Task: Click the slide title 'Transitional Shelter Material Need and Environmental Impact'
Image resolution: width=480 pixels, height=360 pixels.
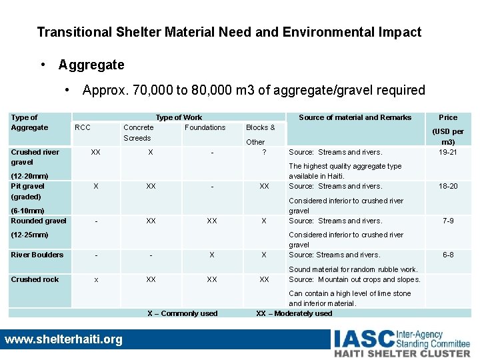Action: click(x=229, y=32)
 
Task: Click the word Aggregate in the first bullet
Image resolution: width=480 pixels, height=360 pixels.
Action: click(x=91, y=65)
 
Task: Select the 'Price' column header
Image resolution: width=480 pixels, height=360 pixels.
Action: click(x=448, y=117)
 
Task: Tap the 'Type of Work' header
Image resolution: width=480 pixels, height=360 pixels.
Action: click(x=179, y=117)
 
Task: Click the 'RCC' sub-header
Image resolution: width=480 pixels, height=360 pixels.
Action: click(x=83, y=127)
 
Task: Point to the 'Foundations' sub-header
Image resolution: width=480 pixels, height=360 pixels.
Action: click(x=205, y=127)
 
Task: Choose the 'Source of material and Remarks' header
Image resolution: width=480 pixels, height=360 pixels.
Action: click(x=355, y=117)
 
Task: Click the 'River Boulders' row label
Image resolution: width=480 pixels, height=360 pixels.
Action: click(x=37, y=255)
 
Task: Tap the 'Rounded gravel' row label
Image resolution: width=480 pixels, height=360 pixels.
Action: click(x=39, y=221)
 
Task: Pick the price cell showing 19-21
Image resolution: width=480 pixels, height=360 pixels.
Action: click(x=448, y=152)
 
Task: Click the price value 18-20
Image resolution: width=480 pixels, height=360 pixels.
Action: click(x=448, y=186)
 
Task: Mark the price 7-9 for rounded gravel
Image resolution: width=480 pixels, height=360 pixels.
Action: click(x=448, y=221)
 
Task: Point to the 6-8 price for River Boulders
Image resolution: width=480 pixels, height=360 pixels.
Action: click(x=448, y=255)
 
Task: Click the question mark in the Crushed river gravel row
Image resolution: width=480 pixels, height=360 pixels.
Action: click(x=264, y=152)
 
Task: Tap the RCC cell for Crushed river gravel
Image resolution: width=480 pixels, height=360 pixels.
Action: click(x=96, y=152)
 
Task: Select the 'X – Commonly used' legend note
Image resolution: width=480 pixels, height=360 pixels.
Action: click(x=182, y=313)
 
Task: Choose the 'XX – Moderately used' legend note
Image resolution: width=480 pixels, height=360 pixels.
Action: click(x=294, y=313)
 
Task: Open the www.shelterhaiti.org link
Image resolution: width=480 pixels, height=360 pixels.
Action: click(x=63, y=339)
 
